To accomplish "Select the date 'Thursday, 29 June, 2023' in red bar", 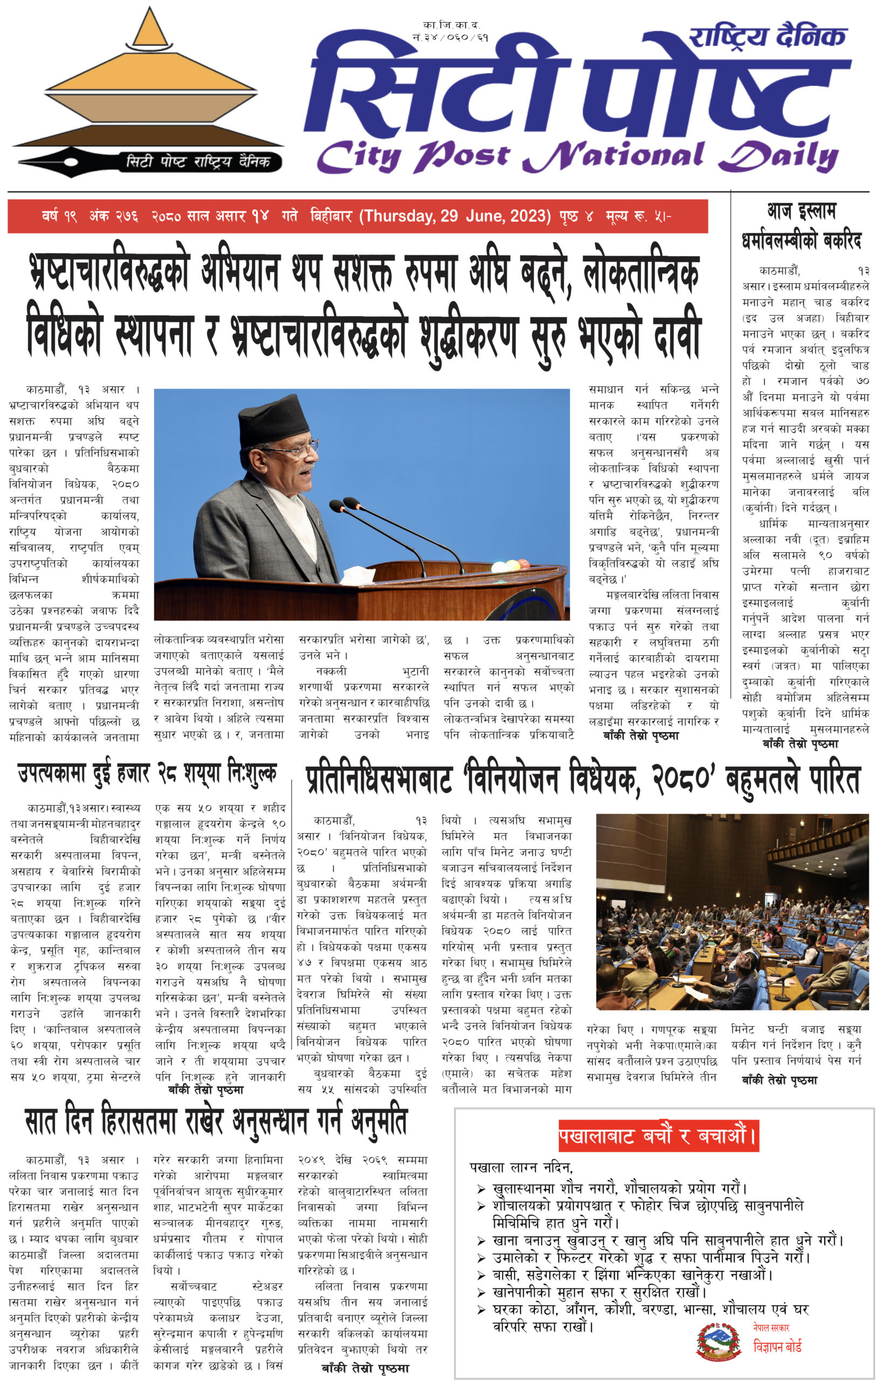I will click(455, 216).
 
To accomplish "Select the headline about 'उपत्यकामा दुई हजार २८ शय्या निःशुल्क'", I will click(147, 774).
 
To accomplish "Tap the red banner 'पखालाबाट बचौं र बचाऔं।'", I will click(658, 1136).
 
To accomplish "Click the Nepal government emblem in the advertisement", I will click(718, 1341).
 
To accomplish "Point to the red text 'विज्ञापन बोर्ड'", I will click(777, 1346).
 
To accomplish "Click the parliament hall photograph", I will click(732, 912).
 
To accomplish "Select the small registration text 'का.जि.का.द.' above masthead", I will click(451, 25).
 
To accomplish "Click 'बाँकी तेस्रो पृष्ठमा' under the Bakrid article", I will click(800, 744).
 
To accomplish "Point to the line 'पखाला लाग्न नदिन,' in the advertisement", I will click(521, 1168).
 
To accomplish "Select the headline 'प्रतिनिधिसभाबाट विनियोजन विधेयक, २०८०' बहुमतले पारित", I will click(582, 780).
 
